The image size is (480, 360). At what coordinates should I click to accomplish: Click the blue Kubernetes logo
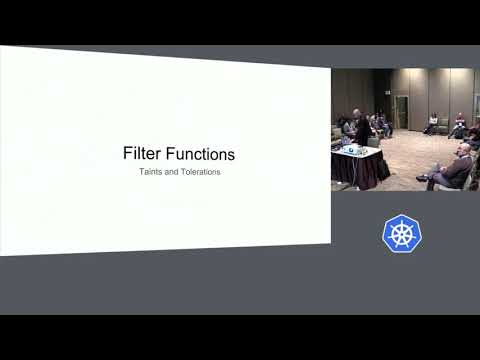[x=402, y=233]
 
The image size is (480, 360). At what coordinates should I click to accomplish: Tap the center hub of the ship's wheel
[x=402, y=234]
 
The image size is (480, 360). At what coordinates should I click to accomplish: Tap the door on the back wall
[x=401, y=112]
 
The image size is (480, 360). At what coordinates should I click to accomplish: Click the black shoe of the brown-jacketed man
[x=422, y=178]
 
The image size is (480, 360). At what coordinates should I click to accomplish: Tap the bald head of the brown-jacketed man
[x=465, y=148]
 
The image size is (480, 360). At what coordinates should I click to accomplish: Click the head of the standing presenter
[x=357, y=113]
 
